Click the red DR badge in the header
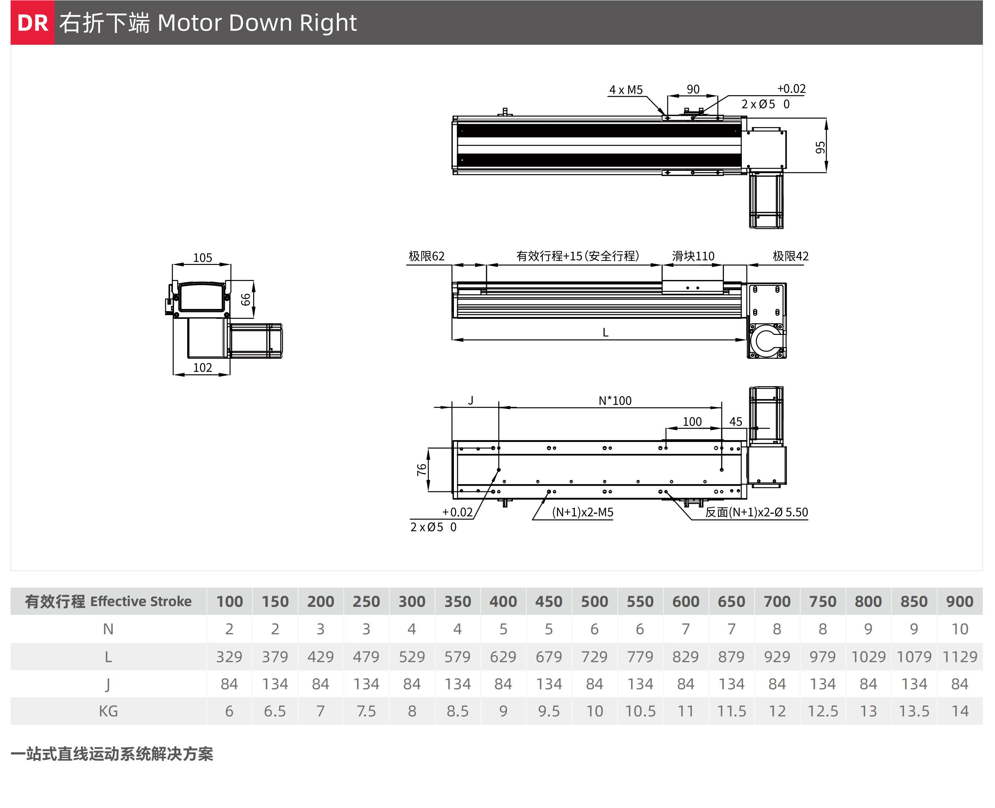pos(33,23)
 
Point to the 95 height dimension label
pos(820,148)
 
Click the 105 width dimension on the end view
pos(203,258)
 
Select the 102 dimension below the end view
pos(203,368)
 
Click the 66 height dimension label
pos(245,299)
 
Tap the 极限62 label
pos(426,256)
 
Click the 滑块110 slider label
pos(693,256)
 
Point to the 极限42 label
pos(790,256)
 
